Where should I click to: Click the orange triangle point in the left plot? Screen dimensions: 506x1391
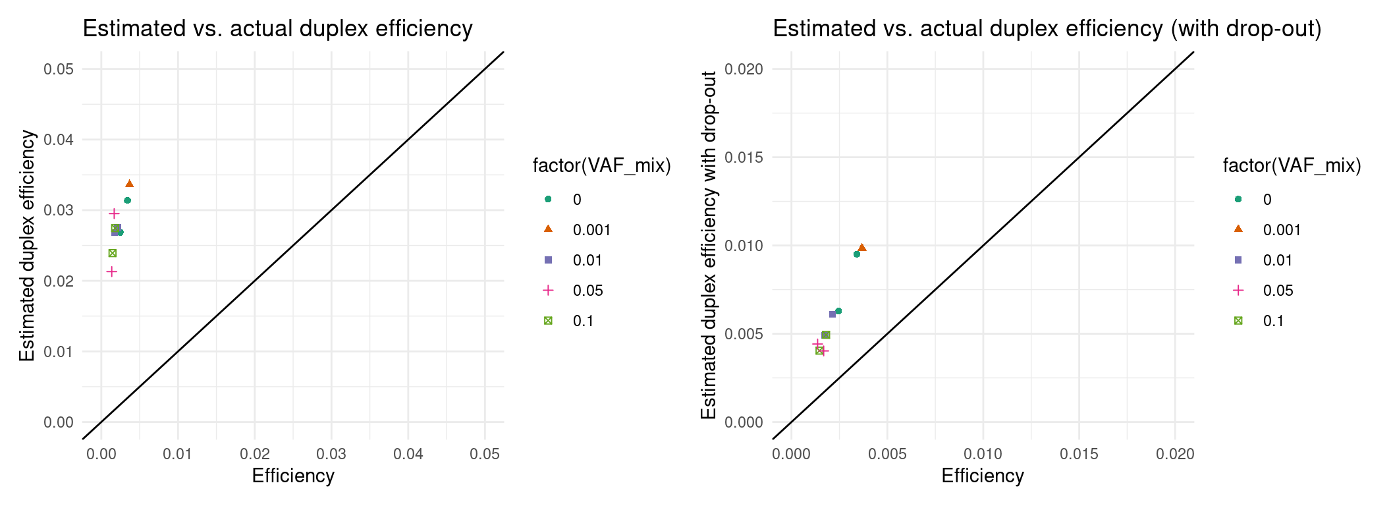coord(130,184)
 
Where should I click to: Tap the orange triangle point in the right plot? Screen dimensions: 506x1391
coord(862,248)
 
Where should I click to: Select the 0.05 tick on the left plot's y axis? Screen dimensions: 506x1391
coord(58,69)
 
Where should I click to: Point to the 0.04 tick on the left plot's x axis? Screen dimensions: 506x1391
coord(408,454)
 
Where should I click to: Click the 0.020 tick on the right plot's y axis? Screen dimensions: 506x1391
coord(744,69)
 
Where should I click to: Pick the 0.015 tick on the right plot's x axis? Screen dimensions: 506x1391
coord(1079,454)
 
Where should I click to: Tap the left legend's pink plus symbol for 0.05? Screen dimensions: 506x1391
coord(548,291)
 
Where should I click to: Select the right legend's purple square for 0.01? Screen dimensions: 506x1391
coord(1238,260)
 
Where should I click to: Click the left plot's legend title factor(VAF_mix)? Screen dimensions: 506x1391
coord(601,165)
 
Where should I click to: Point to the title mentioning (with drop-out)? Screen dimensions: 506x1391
coord(1047,29)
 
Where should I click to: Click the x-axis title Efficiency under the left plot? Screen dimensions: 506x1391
coord(293,476)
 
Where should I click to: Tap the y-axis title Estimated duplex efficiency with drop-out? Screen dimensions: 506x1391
coord(709,245)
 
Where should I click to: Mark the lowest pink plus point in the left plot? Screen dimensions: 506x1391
coord(112,271)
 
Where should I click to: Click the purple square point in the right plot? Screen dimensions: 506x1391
coord(832,314)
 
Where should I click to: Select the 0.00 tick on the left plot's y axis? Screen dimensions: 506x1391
coord(58,422)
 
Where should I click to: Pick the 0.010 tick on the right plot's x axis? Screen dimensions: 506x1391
coord(983,454)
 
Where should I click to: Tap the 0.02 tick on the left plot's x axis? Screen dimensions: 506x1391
coord(254,454)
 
